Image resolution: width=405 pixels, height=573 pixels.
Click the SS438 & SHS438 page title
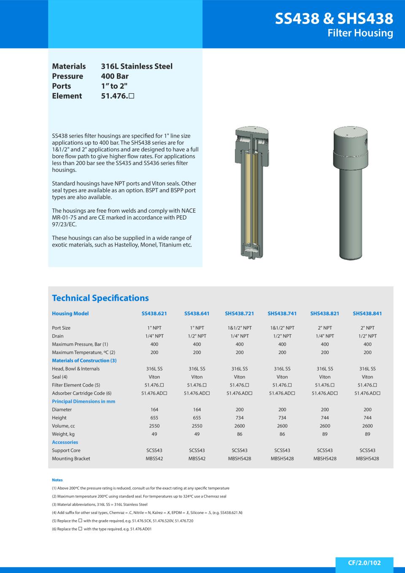pos(334,19)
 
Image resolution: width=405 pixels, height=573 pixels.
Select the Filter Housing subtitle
pos(360,33)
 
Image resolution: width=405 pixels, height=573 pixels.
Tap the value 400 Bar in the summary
pos(115,76)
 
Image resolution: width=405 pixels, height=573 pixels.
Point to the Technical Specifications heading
pos(100,298)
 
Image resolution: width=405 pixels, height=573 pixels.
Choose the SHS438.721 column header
pos(239,314)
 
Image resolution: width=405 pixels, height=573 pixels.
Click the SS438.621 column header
pos(154,314)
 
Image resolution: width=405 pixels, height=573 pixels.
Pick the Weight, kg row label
pos(63,434)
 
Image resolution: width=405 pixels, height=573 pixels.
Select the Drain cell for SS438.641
pos(197,336)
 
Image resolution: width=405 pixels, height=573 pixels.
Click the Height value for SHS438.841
pos(367,418)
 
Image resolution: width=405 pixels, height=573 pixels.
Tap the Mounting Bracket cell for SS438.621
pos(154,459)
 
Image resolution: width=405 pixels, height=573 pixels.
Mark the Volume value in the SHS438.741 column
pos(282,426)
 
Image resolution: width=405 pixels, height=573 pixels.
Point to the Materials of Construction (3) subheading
pos(84,361)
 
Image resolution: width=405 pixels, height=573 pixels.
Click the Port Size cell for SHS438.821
pos(324,328)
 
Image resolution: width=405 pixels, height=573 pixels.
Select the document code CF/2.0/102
pos(364,563)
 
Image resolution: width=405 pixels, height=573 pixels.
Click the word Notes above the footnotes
pos(57,480)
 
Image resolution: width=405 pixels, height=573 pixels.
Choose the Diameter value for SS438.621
pos(154,410)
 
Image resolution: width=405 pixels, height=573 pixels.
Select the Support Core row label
pos(66,451)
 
